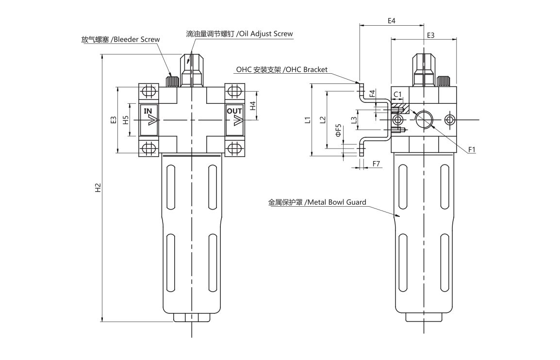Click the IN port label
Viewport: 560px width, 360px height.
(x=148, y=111)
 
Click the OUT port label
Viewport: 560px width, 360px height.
(x=234, y=111)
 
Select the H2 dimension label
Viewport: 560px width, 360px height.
(x=98, y=187)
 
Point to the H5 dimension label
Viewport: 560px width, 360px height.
(x=125, y=120)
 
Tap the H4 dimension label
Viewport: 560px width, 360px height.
(x=253, y=105)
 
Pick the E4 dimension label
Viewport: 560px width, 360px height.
(x=392, y=21)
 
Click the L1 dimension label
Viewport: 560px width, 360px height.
(x=307, y=120)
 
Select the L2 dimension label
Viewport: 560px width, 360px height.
(x=322, y=120)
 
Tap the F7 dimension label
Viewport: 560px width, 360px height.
(x=376, y=164)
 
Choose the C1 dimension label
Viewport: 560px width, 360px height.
(x=397, y=94)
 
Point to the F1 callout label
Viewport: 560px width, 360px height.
(x=471, y=149)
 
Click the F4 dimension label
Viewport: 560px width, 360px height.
(x=372, y=94)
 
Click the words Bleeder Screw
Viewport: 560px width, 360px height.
(x=136, y=39)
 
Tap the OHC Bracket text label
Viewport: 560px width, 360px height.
(x=307, y=69)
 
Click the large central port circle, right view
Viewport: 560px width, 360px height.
(x=424, y=119)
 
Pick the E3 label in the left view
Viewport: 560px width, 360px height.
(x=113, y=120)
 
